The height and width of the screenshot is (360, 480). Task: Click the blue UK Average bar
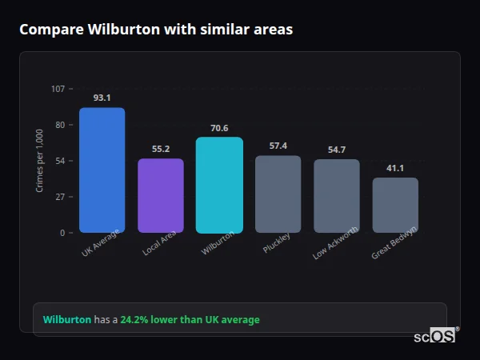(x=102, y=170)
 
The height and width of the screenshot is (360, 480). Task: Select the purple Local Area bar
(x=161, y=196)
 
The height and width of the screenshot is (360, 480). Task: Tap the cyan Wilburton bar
(x=219, y=185)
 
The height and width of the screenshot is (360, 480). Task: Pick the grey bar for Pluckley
(x=278, y=194)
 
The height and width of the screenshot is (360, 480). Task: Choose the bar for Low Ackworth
(x=337, y=196)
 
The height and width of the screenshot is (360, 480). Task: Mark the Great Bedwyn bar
(x=395, y=205)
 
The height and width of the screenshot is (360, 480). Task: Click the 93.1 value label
(x=102, y=98)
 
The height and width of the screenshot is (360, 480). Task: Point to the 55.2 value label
(x=161, y=149)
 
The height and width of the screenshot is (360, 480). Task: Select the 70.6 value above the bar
(x=219, y=128)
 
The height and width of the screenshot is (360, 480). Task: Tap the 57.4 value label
(x=278, y=146)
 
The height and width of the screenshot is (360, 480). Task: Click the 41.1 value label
(x=395, y=168)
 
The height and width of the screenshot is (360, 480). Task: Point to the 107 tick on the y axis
(x=58, y=89)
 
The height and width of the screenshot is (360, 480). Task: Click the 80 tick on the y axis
(x=60, y=125)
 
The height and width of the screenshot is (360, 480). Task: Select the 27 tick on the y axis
(x=60, y=197)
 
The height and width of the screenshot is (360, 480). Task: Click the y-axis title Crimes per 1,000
(x=40, y=161)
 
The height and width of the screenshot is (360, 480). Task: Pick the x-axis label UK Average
(x=100, y=244)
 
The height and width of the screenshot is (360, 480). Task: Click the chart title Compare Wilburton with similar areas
(x=156, y=30)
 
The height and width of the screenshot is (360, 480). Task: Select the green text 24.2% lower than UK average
(x=190, y=320)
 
